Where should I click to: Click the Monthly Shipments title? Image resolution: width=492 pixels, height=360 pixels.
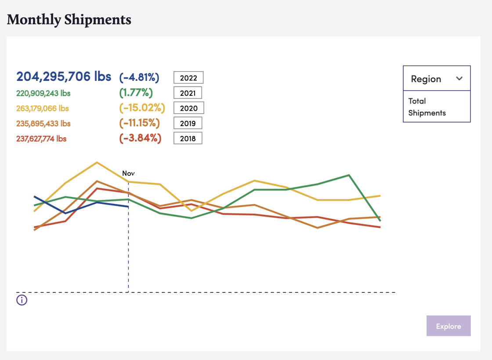(69, 20)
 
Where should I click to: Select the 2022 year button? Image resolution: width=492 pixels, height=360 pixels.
(188, 78)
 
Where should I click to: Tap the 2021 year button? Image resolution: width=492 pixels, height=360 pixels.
(188, 93)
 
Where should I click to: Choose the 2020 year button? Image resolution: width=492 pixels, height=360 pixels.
(188, 108)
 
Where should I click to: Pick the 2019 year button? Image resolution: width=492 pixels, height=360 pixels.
(188, 123)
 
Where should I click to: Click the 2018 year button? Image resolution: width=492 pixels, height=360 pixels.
(188, 138)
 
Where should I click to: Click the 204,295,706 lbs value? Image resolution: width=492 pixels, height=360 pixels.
(64, 76)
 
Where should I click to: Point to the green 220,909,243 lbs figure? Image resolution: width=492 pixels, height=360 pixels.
(43, 93)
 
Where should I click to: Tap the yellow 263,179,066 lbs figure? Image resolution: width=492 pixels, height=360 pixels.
(43, 109)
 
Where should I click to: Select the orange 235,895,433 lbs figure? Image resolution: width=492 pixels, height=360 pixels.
(43, 124)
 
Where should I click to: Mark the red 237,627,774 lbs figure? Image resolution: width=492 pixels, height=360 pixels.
(41, 138)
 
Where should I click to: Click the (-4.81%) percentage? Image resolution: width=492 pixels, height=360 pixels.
(139, 78)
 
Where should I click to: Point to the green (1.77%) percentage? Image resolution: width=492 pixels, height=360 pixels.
(136, 93)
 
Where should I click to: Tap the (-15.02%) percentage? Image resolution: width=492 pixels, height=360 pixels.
(142, 108)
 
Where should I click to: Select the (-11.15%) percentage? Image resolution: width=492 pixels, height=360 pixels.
(140, 123)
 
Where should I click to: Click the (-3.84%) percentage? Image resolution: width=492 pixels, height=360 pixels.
(141, 138)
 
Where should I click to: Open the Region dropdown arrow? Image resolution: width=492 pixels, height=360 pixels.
(459, 79)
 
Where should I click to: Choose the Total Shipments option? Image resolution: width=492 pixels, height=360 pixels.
(427, 107)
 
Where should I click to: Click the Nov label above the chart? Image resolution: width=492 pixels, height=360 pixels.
(128, 174)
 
